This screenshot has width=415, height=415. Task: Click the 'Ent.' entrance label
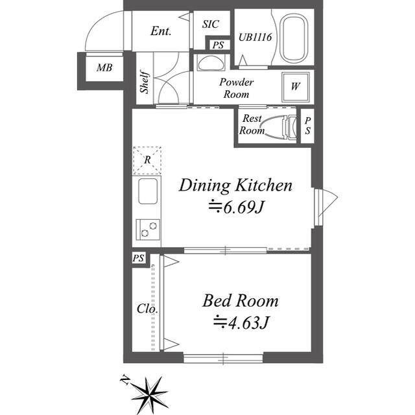pos(160,30)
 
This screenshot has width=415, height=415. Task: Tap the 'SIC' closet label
pos(211,25)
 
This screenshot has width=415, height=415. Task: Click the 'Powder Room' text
pos(237,88)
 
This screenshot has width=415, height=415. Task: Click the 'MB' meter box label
pos(103,67)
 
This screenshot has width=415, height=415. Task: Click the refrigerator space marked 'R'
pos(147,160)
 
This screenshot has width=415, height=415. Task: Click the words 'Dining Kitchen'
pos(235,186)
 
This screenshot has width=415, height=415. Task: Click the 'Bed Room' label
pos(240,301)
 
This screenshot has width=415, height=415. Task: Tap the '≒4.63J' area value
pos(241,322)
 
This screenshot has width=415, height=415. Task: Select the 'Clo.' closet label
pos(148,309)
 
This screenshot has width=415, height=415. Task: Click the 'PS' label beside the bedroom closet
pos(138,259)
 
